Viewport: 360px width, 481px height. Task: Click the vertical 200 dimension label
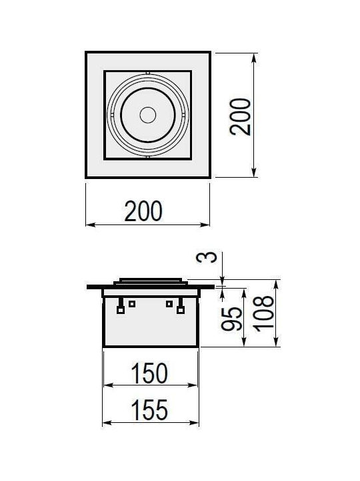click(240, 116)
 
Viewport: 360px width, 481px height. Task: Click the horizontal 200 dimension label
click(143, 211)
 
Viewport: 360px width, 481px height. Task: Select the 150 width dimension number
click(149, 373)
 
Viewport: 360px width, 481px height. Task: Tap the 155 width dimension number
click(149, 410)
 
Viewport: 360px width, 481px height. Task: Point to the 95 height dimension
click(231, 319)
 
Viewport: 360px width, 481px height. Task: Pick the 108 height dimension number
click(264, 313)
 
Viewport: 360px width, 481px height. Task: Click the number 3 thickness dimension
click(206, 257)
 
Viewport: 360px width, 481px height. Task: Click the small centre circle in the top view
click(148, 115)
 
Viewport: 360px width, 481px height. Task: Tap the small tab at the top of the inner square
click(148, 73)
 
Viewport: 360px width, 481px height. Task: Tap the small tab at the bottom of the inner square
click(148, 158)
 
